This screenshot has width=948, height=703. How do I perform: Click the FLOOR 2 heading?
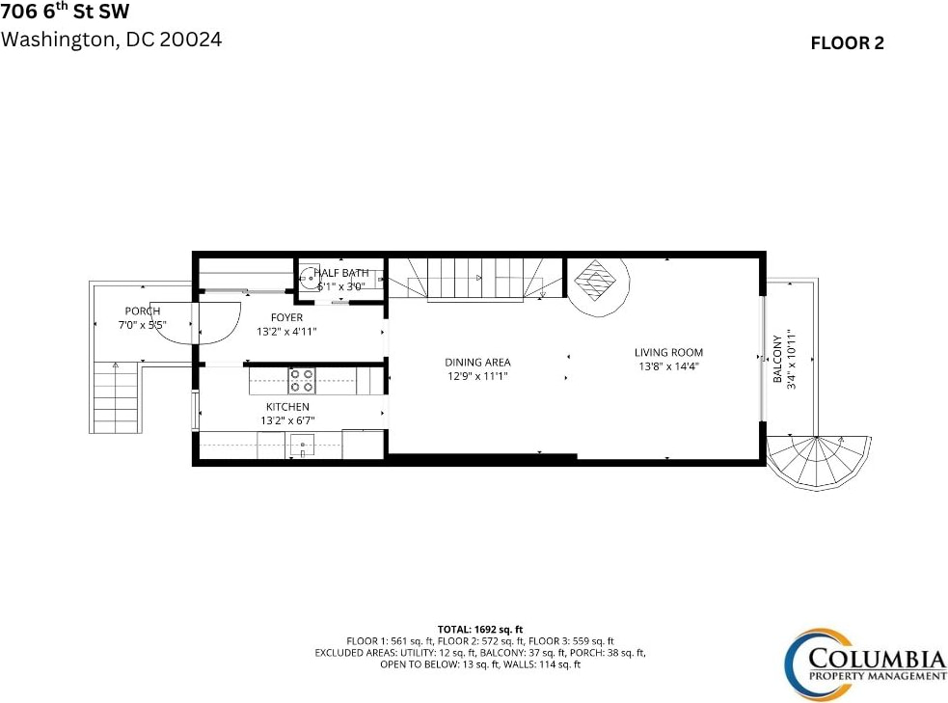(x=847, y=43)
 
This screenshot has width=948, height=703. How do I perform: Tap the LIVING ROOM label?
(x=668, y=352)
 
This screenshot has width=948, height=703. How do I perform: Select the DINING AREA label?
(x=477, y=363)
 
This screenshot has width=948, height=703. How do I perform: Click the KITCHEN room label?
(x=287, y=407)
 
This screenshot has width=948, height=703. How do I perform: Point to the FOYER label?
(x=286, y=317)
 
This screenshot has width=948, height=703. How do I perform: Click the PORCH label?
(x=143, y=311)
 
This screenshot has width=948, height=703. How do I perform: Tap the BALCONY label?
(x=778, y=359)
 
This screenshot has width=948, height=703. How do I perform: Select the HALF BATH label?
(x=341, y=273)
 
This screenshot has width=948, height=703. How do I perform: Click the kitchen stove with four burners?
(x=302, y=381)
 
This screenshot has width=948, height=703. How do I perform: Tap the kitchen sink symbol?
(x=302, y=446)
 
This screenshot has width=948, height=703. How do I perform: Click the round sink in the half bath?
(x=309, y=278)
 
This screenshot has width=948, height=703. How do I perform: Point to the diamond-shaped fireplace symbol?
(x=595, y=281)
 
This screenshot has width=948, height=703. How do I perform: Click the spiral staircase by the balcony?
(x=818, y=463)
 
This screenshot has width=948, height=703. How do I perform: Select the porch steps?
(x=116, y=397)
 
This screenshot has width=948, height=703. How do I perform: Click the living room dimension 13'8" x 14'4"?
(x=668, y=366)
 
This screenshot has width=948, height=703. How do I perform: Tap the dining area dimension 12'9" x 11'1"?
(x=477, y=377)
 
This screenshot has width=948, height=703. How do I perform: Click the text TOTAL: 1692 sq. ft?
(x=480, y=630)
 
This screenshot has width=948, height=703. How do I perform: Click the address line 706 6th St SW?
(x=65, y=11)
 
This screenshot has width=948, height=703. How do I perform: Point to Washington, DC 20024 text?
(x=111, y=40)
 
